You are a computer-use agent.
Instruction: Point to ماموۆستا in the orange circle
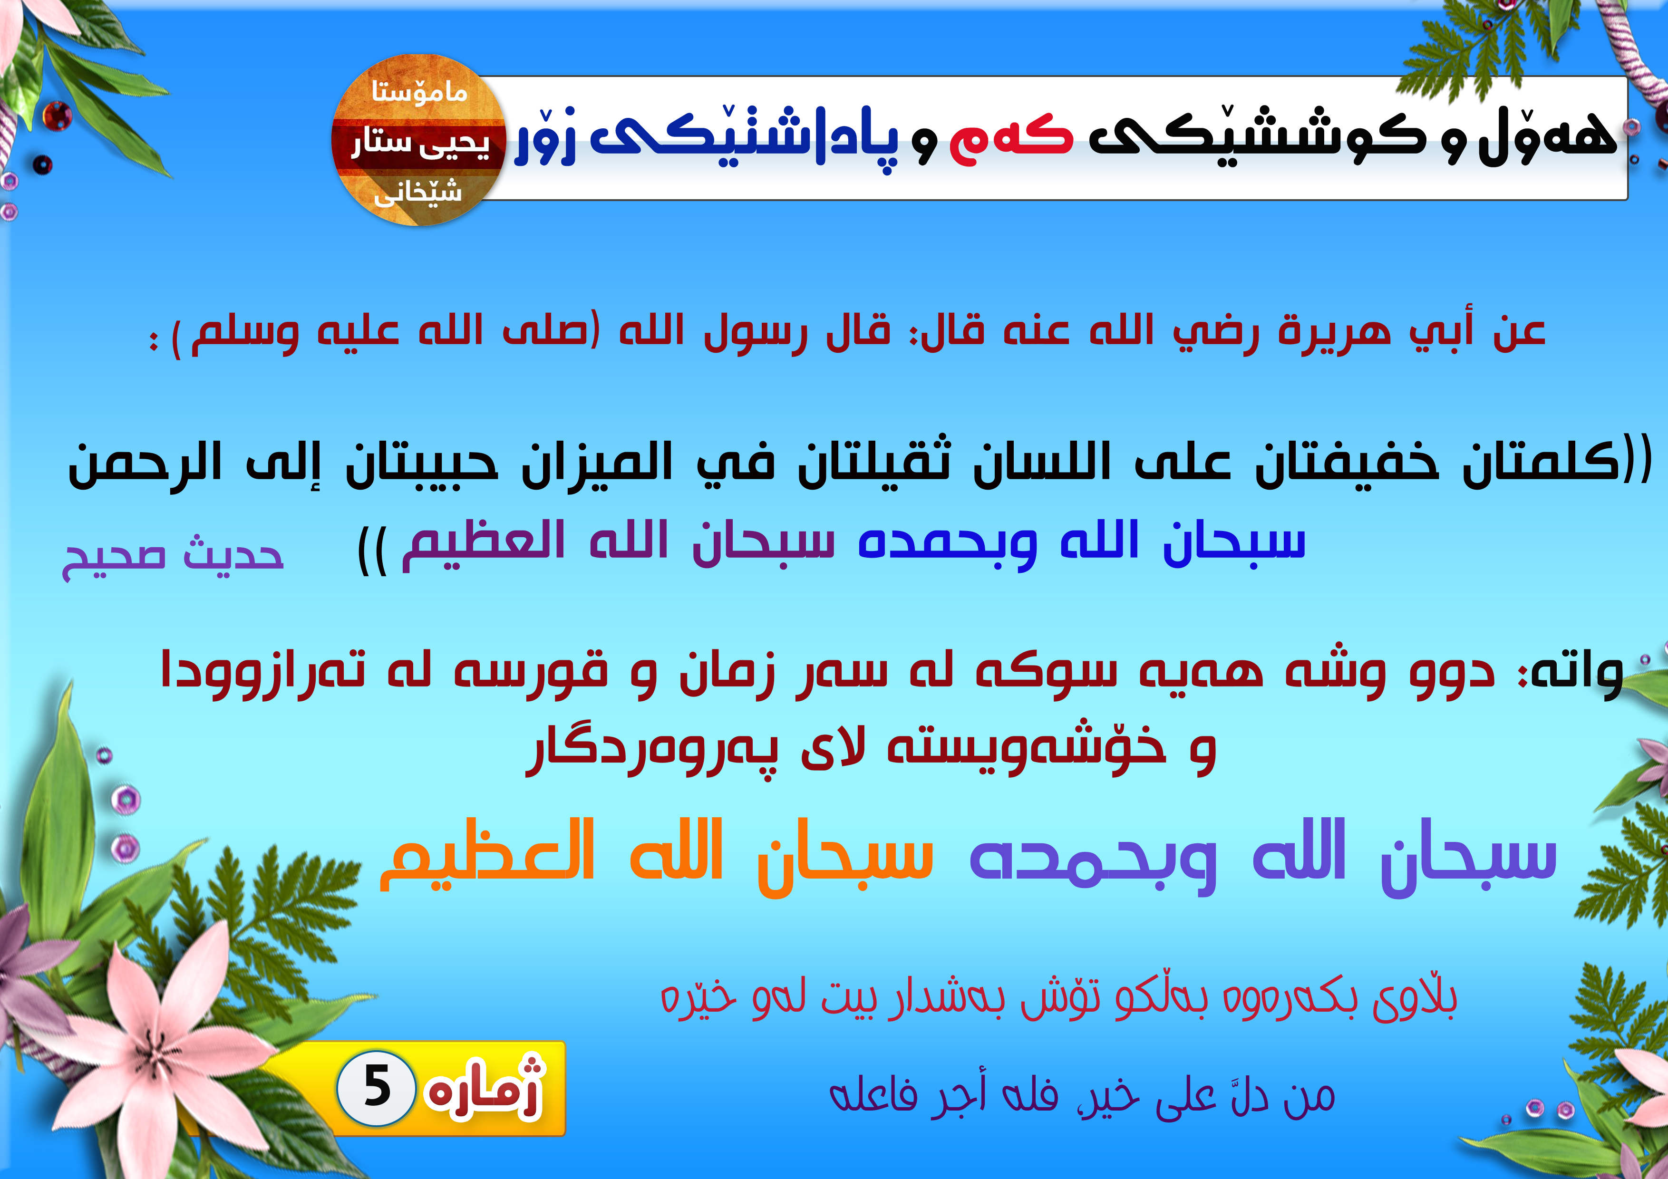click(419, 92)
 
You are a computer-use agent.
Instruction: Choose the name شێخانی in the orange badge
click(418, 191)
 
